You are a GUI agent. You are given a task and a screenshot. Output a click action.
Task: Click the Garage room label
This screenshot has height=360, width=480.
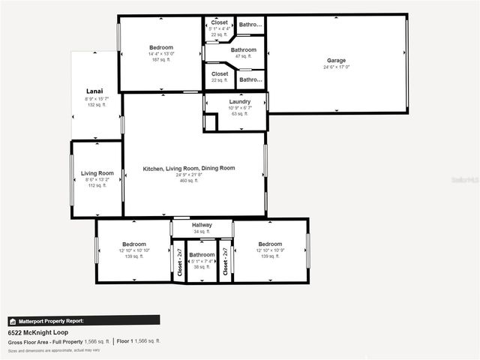[x=336, y=60]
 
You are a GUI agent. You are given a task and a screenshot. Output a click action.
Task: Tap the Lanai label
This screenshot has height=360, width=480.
[x=94, y=91]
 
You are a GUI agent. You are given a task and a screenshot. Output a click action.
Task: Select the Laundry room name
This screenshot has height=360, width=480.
[x=234, y=101]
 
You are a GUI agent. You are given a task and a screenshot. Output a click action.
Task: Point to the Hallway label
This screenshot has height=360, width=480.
[x=202, y=225]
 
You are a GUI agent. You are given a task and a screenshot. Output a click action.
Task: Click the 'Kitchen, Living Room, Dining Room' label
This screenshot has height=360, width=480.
[x=189, y=169]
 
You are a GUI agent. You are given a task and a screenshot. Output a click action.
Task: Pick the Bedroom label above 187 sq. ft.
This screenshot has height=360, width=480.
[x=161, y=47]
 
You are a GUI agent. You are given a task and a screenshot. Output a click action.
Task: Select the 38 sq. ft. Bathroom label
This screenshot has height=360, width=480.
[x=202, y=255]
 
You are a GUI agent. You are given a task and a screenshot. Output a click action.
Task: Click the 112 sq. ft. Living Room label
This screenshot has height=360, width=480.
[x=97, y=173]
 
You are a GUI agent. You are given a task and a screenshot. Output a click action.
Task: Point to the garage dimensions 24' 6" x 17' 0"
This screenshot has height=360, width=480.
[x=336, y=67]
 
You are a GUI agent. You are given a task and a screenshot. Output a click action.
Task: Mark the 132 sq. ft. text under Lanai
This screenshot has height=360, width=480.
[x=94, y=105]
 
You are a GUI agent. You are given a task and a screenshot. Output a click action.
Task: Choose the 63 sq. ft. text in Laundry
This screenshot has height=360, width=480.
[x=234, y=114]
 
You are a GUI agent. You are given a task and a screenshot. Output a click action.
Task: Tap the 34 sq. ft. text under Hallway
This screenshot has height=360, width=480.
[x=202, y=232]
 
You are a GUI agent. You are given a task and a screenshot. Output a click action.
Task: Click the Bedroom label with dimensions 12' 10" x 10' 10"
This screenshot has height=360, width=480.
[x=133, y=244]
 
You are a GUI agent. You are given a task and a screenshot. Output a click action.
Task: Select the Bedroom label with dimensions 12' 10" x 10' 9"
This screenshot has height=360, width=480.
[x=270, y=244]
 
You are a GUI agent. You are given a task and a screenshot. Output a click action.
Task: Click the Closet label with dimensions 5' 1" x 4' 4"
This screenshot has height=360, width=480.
[x=220, y=22]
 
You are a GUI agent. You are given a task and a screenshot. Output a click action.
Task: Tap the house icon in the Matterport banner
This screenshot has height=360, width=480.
[x=12, y=320]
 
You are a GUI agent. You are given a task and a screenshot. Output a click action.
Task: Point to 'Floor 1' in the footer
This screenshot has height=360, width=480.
[x=124, y=341]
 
